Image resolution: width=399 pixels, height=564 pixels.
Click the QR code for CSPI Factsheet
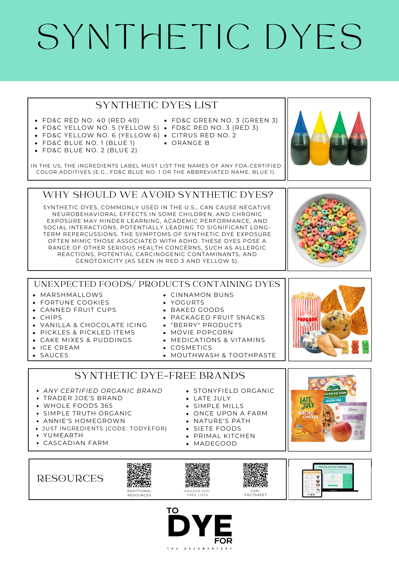pyautogui.click(x=255, y=475)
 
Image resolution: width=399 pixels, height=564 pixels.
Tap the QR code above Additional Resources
pyautogui.click(x=139, y=475)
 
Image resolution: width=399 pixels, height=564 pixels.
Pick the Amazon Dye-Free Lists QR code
pyautogui.click(x=198, y=475)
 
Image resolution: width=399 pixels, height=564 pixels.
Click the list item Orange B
pyautogui.click(x=190, y=143)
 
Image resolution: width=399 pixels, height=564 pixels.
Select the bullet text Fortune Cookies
pyautogui.click(x=74, y=303)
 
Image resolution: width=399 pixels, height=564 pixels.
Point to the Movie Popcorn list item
pyautogui.click(x=202, y=332)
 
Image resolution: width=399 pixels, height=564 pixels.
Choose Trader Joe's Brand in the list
pyautogui.click(x=83, y=398)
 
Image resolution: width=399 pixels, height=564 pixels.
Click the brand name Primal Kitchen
pyautogui.click(x=224, y=436)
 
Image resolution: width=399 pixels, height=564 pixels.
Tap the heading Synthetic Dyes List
pyautogui.click(x=157, y=105)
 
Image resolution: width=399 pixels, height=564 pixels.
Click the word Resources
pyautogui.click(x=70, y=479)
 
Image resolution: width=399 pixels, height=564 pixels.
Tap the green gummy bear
pyautogui.click(x=365, y=347)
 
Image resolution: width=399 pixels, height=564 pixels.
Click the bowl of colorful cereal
pyautogui.click(x=329, y=230)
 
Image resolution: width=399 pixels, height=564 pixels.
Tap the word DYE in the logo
pyautogui.click(x=200, y=526)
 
